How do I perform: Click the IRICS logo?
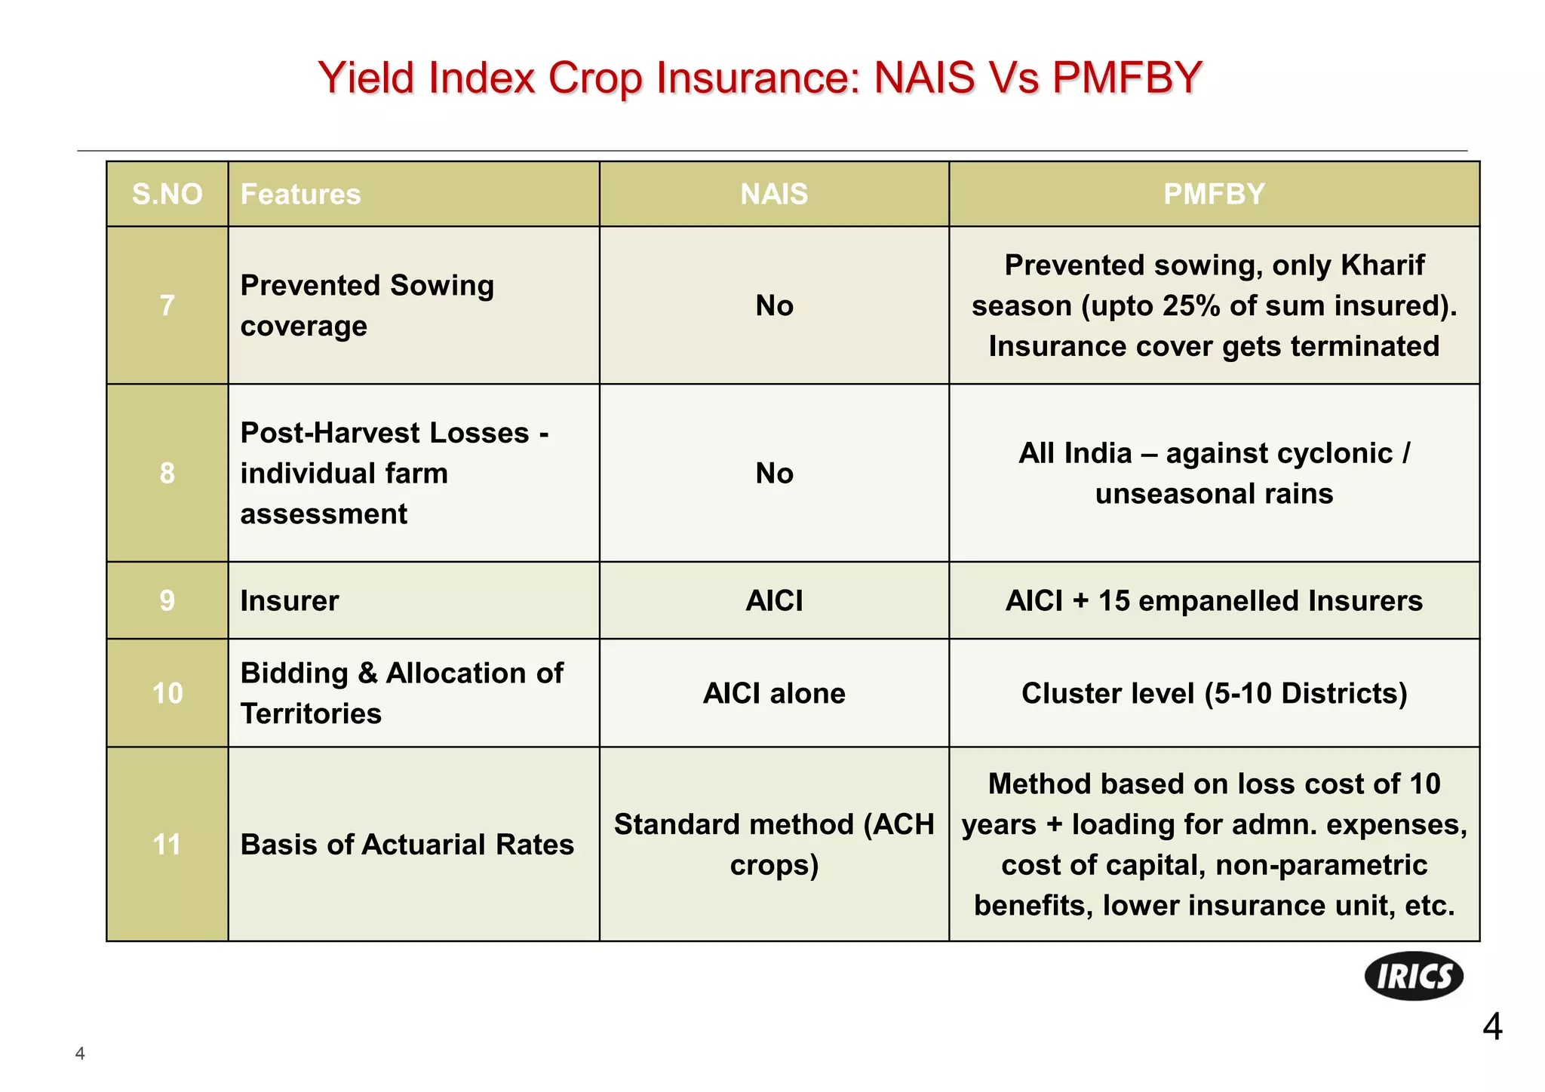1414,976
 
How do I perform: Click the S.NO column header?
167,195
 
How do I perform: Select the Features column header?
300,195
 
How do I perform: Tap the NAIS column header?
774,195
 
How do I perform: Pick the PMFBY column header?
1214,195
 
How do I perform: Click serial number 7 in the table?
167,305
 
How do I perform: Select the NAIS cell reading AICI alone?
774,693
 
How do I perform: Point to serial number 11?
167,845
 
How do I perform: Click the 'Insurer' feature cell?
290,601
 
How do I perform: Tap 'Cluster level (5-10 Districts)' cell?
1214,693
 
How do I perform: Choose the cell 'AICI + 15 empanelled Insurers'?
1214,601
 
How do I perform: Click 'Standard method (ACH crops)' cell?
774,845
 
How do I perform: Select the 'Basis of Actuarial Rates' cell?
407,845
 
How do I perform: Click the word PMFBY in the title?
1126,78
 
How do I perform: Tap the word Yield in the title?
367,78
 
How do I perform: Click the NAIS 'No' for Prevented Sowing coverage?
774,305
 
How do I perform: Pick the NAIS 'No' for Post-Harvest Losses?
774,474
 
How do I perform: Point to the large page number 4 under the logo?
1491,1027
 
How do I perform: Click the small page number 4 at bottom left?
80,1054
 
